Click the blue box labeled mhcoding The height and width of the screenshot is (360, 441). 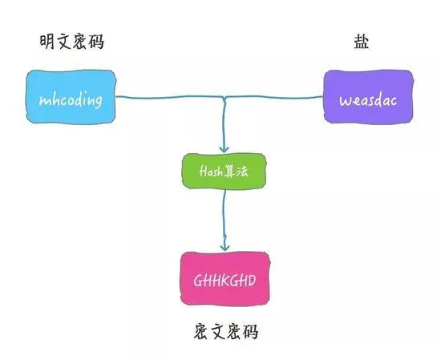[70, 99]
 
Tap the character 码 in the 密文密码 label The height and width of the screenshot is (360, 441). [250, 331]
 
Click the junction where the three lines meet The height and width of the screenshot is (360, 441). [225, 99]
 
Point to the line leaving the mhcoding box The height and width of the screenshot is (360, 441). [160, 99]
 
